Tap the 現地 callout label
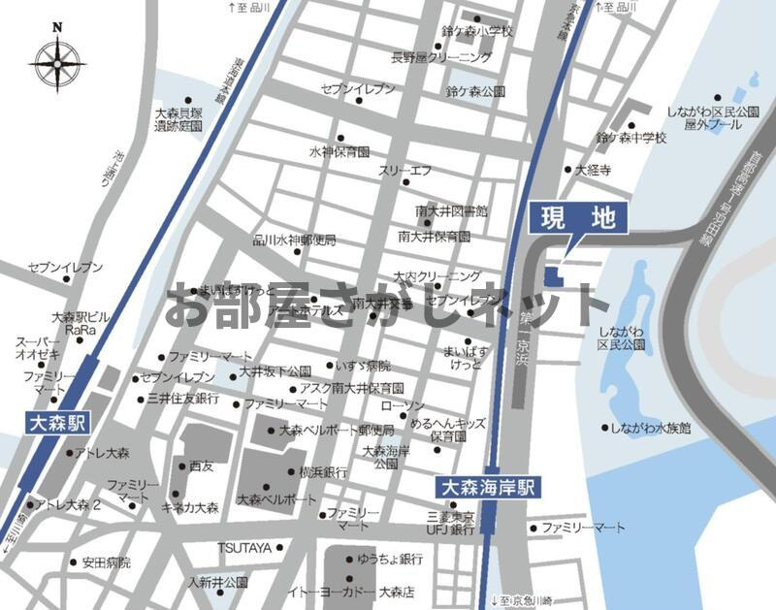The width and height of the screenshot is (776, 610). point(578,218)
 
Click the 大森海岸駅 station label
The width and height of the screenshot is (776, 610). point(489,487)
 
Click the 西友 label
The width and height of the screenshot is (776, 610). point(202,466)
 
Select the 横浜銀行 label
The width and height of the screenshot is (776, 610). point(323,472)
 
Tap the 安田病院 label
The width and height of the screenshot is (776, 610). point(106,562)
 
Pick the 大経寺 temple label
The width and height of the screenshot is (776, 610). point(593,170)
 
